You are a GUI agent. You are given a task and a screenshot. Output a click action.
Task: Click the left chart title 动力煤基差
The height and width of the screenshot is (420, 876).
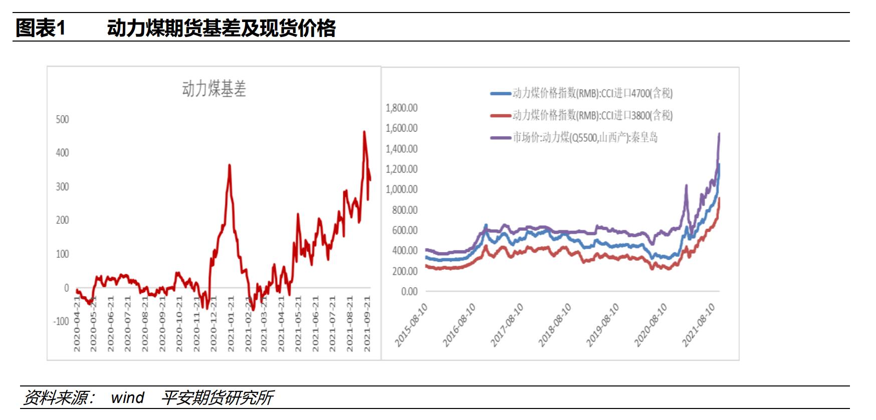pyautogui.click(x=214, y=89)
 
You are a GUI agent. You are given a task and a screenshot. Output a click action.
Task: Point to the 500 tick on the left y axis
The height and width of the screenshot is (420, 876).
pyautogui.click(x=62, y=119)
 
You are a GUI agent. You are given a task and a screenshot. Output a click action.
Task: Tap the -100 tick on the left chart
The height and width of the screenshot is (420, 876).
pyautogui.click(x=61, y=321)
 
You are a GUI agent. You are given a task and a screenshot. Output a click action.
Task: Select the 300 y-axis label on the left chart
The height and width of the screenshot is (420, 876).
pyautogui.click(x=62, y=187)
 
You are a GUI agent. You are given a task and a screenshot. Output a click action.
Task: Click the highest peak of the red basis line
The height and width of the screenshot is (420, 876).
pyautogui.click(x=364, y=132)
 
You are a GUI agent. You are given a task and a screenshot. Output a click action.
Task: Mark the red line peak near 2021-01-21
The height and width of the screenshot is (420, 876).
pyautogui.click(x=230, y=165)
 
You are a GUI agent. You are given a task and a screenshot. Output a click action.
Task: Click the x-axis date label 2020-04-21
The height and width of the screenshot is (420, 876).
pyautogui.click(x=77, y=323)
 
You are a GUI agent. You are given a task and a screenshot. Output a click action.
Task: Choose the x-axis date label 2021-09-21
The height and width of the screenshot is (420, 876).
pyautogui.click(x=367, y=323)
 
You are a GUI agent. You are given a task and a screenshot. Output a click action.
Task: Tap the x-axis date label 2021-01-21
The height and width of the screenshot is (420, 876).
pyautogui.click(x=231, y=323)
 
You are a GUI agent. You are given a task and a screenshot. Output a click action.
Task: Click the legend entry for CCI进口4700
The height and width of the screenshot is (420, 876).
pyautogui.click(x=591, y=93)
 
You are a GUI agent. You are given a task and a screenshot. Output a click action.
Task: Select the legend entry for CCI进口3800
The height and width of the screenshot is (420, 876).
pyautogui.click(x=591, y=115)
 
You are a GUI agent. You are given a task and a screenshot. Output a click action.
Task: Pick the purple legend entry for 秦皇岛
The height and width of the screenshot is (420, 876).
pyautogui.click(x=584, y=137)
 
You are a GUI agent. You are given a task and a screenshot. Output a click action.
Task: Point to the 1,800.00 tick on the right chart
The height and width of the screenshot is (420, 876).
pyautogui.click(x=401, y=108)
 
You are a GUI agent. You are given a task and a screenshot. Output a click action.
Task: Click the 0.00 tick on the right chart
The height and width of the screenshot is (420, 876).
pyautogui.click(x=409, y=291)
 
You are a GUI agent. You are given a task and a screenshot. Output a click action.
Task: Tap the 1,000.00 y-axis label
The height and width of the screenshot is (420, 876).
pyautogui.click(x=401, y=189)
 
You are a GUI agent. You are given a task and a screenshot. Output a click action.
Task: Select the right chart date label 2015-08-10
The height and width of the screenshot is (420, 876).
pyautogui.click(x=411, y=325)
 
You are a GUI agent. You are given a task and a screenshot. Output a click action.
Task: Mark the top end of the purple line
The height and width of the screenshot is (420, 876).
pyautogui.click(x=719, y=134)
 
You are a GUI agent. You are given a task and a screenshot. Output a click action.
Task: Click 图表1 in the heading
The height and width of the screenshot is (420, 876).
pyautogui.click(x=40, y=28)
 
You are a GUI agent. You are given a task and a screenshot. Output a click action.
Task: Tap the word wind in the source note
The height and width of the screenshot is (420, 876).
pyautogui.click(x=127, y=397)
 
